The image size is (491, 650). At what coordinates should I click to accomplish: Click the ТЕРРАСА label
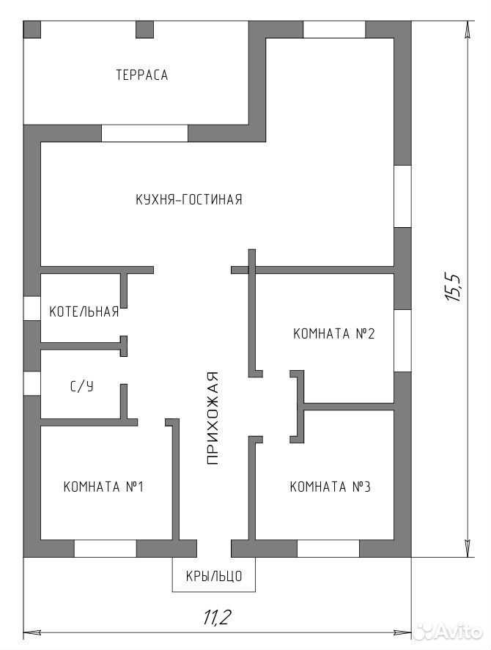[x=142, y=75]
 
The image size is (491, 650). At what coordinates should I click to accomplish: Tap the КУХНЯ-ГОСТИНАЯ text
[x=189, y=199]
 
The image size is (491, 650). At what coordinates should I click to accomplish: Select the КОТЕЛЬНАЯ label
[x=84, y=311]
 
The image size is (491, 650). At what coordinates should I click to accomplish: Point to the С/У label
[x=81, y=387]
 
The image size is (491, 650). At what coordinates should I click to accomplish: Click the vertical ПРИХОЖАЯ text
[x=212, y=418]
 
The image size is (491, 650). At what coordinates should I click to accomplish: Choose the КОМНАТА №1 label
[x=103, y=487]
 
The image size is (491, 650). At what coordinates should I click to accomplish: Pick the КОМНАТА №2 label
[x=334, y=333]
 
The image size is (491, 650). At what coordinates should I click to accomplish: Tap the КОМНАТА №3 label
[x=330, y=487]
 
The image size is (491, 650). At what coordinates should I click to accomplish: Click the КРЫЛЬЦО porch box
[x=214, y=575]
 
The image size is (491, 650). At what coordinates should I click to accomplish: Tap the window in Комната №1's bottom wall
[x=106, y=548]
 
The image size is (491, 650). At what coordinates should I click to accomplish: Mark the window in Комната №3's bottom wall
[x=328, y=548]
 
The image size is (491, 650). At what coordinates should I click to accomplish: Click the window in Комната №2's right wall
[x=402, y=341]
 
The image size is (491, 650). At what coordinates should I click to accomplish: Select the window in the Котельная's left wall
[x=32, y=309]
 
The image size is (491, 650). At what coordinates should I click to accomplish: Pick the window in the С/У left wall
[x=32, y=383]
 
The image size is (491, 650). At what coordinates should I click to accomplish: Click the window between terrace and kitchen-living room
[x=144, y=133]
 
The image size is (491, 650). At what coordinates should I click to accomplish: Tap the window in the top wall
[x=334, y=29]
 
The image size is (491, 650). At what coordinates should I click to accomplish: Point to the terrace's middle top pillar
[x=144, y=29]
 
